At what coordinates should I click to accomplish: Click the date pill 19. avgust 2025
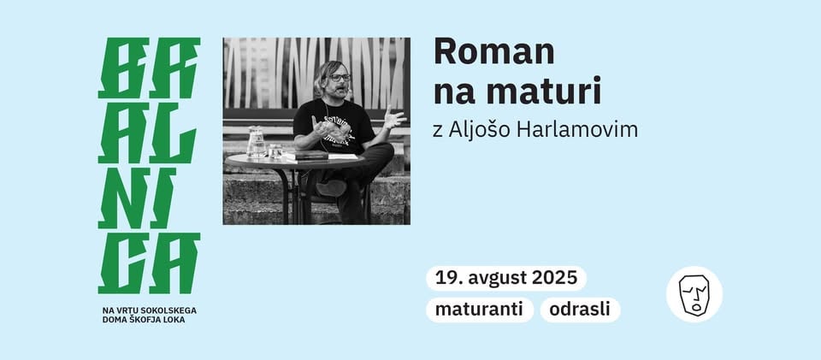[505, 278]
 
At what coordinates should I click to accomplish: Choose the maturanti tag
[479, 310]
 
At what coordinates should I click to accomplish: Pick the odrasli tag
[580, 310]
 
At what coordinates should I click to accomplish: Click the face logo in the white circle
[694, 294]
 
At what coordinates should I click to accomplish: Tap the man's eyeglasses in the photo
[340, 78]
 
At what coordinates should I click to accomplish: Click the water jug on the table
[256, 142]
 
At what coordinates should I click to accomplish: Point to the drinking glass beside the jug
[275, 150]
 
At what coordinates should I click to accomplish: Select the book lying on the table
[305, 156]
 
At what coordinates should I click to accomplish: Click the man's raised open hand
[393, 115]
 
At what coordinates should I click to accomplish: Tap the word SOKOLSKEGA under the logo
[165, 310]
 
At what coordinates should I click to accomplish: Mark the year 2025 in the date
[554, 278]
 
